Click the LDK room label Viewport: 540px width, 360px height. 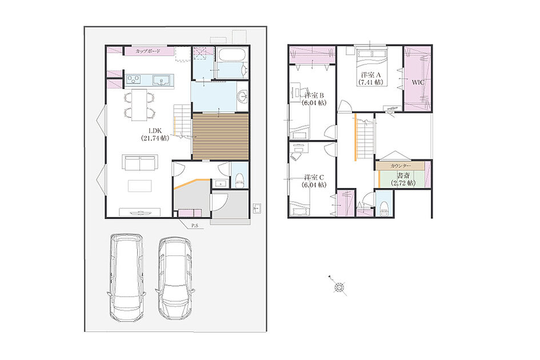pyautogui.click(x=155, y=134)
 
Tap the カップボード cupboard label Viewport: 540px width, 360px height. pyautogui.click(x=148, y=51)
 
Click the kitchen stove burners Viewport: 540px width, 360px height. pyautogui.click(x=133, y=80)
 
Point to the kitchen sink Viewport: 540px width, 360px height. pyautogui.click(x=161, y=80)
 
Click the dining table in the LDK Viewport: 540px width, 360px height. pyautogui.click(x=139, y=105)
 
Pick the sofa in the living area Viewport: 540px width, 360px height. pyautogui.click(x=140, y=162)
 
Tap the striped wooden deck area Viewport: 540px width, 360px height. pyautogui.click(x=220, y=136)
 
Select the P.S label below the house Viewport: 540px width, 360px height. pyautogui.click(x=195, y=226)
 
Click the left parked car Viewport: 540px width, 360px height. pyautogui.click(x=127, y=278)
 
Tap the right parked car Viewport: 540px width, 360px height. pyautogui.click(x=175, y=279)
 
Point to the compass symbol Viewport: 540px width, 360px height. pyautogui.click(x=339, y=286)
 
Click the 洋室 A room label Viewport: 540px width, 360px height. pyautogui.click(x=370, y=78)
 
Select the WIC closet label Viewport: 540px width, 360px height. pyautogui.click(x=418, y=83)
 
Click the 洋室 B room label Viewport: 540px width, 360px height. pyautogui.click(x=314, y=99)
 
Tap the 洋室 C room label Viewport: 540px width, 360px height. pyautogui.click(x=314, y=181)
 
